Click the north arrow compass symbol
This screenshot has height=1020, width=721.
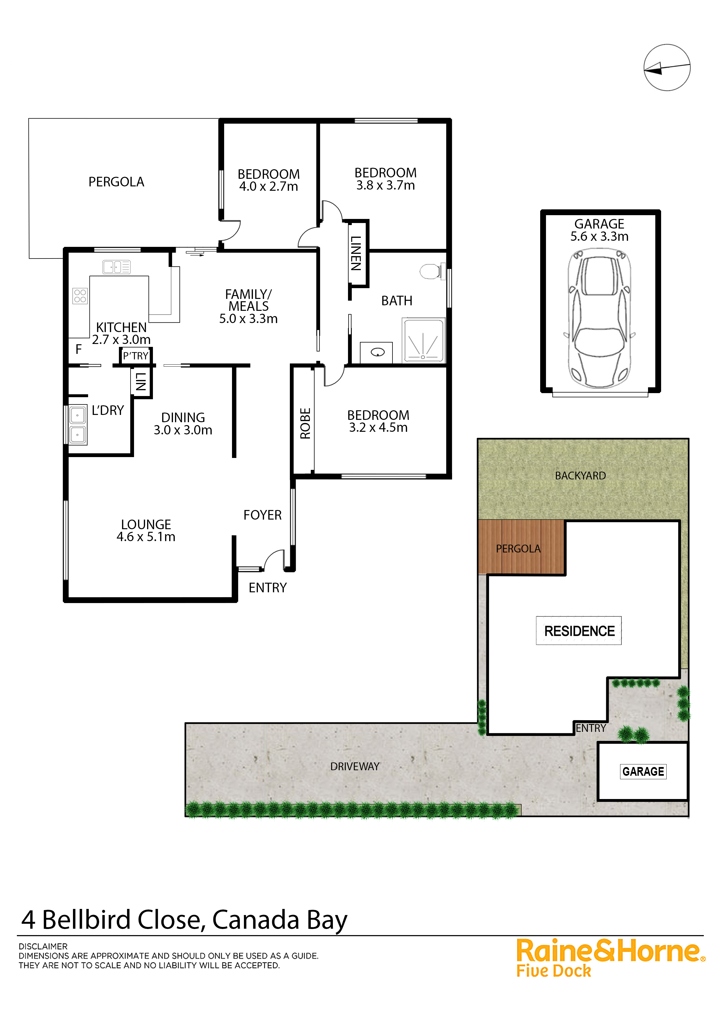pos(667,67)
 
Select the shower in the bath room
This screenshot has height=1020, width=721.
pos(423,340)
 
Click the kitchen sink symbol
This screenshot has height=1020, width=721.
pos(116,267)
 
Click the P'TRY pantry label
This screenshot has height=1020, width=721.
pos(135,356)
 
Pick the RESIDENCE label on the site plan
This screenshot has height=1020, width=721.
pos(579,631)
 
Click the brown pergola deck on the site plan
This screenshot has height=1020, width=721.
pos(521,547)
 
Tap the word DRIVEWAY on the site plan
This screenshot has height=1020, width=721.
pos(355,766)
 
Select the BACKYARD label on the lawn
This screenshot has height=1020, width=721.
pos(580,476)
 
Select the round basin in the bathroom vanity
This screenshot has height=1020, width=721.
pos(378,353)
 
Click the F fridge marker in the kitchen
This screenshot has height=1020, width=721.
pos(78,349)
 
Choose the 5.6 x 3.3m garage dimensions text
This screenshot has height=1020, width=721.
pos(599,236)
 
